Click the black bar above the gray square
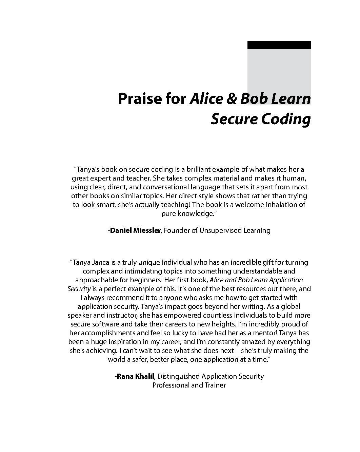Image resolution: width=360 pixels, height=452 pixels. pos(279,45)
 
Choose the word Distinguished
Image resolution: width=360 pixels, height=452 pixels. pos(179,376)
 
